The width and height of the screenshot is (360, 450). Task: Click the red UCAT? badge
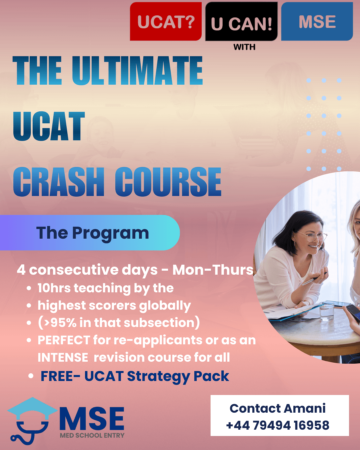(166, 21)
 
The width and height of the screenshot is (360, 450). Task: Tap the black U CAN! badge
(241, 21)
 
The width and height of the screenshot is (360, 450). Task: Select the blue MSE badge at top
(317, 21)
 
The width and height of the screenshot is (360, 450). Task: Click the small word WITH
(244, 47)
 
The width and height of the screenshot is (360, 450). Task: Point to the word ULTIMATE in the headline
(137, 70)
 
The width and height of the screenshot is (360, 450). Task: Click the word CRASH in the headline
(59, 182)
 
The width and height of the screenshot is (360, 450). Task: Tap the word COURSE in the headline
(168, 182)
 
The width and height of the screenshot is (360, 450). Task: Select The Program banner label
(92, 233)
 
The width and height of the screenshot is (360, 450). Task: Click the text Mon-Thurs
(213, 270)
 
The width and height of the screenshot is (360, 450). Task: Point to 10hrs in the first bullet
(54, 288)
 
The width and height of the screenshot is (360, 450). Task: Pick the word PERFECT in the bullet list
(64, 340)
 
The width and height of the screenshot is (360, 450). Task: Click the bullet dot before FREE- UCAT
(31, 376)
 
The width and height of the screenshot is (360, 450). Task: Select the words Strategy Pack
(178, 377)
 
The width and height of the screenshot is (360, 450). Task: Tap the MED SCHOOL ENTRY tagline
(92, 436)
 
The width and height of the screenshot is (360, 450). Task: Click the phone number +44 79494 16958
(278, 425)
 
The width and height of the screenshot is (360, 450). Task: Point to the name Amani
(305, 408)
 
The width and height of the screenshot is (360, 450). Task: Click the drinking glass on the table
(327, 311)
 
